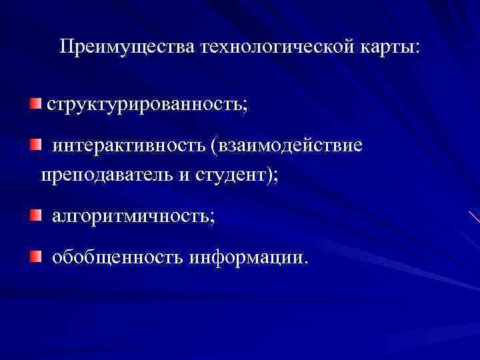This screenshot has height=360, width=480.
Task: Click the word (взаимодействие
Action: point(288,145)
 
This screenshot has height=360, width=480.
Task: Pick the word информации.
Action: point(249,256)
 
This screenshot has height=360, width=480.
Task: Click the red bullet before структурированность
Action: point(35,103)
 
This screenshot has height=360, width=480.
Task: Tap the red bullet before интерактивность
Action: point(35,143)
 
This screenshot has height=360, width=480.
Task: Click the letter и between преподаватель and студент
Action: point(184,175)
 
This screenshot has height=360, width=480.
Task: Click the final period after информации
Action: point(307,261)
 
